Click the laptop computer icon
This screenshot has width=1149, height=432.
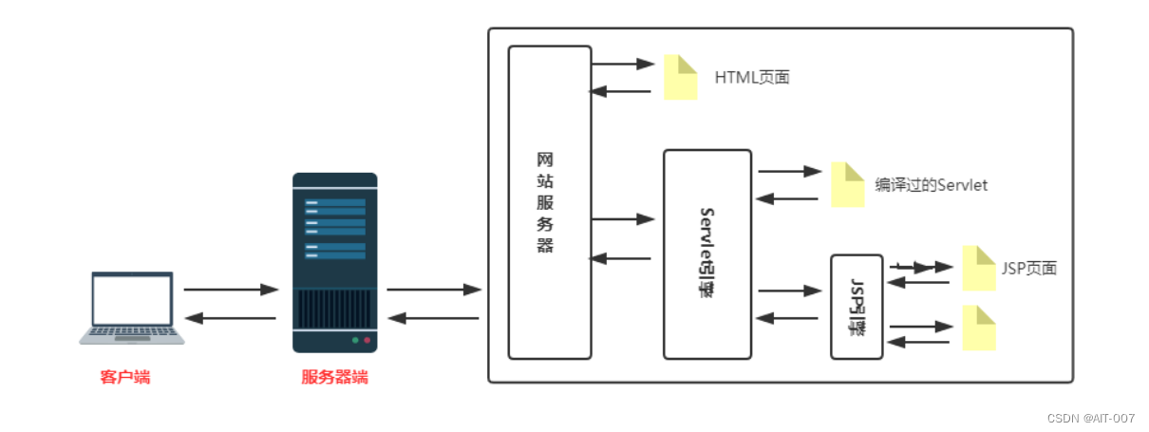132,307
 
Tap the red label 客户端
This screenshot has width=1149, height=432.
125,378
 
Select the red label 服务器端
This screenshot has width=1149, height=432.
334,378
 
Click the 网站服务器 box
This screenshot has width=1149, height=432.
550,202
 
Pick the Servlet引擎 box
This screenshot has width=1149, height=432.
706,254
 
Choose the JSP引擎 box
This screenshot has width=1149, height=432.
857,307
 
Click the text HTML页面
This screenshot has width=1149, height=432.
752,78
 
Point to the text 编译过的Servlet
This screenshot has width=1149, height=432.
931,185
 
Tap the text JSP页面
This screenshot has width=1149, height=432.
1028,269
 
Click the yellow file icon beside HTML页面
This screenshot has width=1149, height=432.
681,78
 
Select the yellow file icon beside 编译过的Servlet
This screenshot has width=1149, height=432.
848,184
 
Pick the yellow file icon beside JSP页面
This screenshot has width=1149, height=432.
979,269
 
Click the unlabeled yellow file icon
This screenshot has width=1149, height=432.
979,328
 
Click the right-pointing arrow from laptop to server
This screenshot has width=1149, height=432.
231,289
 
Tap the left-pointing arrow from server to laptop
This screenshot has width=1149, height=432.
231,318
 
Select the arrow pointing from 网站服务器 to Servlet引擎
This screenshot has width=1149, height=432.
623,219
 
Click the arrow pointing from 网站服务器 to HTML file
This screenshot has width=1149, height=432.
623,65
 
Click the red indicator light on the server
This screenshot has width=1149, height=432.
367,339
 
